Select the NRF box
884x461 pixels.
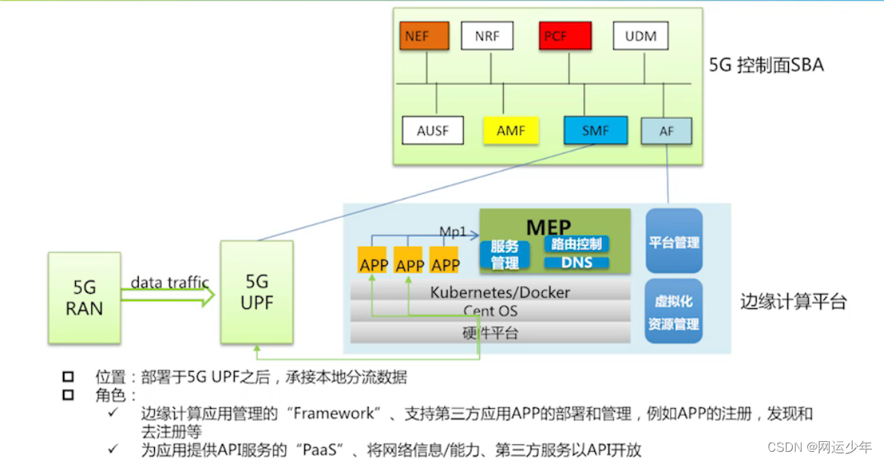[487, 36]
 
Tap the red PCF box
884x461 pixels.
[565, 36]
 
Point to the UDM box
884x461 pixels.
[640, 36]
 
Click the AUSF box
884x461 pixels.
[433, 130]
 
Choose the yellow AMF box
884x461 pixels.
[511, 130]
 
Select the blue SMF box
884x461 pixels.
[595, 130]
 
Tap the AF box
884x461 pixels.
[666, 131]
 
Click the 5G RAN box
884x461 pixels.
[84, 298]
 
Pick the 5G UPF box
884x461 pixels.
[257, 292]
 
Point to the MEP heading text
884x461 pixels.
[548, 227]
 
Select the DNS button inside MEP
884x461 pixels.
[577, 263]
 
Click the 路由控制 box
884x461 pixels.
[577, 244]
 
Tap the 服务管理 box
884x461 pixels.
[504, 255]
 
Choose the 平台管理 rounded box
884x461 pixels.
[674, 242]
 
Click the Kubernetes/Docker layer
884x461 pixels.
[490, 291]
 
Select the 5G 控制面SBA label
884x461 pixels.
[766, 65]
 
